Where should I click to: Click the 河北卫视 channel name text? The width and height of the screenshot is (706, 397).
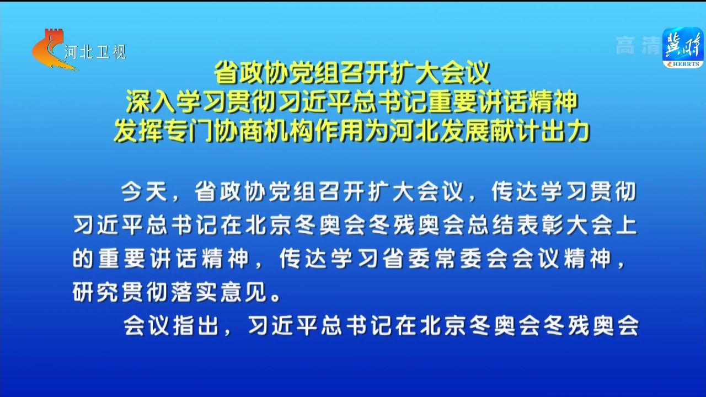point(95,52)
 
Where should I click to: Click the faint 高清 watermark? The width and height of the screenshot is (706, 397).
point(638,45)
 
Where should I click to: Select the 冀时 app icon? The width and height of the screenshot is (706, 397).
point(683,47)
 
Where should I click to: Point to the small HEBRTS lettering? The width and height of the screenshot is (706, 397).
point(685,65)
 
